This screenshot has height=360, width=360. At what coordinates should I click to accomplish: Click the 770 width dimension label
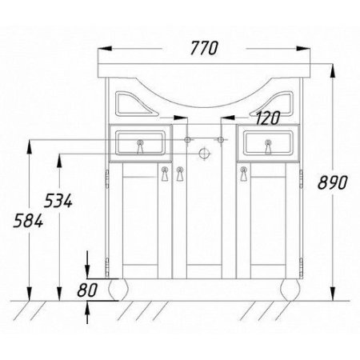[204, 48]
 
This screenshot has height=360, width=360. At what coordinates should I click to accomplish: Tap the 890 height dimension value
[333, 183]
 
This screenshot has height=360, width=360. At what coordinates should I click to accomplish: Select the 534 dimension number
[58, 201]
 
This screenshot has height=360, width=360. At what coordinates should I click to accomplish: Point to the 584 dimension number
[28, 221]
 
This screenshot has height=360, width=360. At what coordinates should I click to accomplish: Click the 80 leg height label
[87, 290]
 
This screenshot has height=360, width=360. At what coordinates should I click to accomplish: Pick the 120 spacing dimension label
[268, 118]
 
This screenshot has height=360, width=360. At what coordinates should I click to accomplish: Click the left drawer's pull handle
[139, 146]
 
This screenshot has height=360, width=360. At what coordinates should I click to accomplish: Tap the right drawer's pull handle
[268, 146]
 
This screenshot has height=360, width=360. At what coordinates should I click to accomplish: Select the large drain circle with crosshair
[204, 154]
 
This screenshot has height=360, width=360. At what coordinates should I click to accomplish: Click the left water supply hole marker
[188, 139]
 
